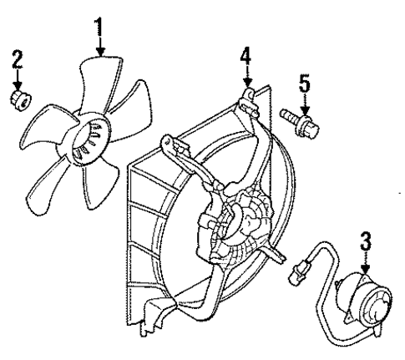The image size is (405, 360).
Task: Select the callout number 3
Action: [364, 244]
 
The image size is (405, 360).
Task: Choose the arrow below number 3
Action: [364, 264]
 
